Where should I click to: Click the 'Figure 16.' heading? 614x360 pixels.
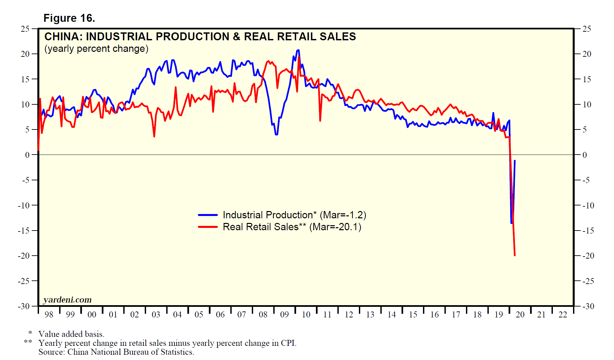click(69, 18)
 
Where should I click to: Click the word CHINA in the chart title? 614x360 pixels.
click(62, 36)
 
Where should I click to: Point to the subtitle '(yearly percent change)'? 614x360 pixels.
click(96, 49)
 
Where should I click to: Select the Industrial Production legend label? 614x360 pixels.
click(294, 215)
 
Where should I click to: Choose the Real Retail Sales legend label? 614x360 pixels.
click(292, 227)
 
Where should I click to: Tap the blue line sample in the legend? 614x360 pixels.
click(208, 215)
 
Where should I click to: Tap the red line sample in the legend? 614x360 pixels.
click(208, 227)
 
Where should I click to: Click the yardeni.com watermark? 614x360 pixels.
click(67, 300)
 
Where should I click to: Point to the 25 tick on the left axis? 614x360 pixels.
click(25, 29)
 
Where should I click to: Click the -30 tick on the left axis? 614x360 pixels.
click(24, 306)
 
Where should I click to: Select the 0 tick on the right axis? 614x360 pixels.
click(585, 155)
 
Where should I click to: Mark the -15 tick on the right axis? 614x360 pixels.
click(588, 231)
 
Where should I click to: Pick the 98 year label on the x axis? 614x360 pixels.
click(49, 315)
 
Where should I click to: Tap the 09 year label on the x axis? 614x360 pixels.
click(285, 315)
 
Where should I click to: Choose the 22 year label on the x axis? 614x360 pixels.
click(563, 315)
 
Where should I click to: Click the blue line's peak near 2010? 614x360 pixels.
click(298, 50)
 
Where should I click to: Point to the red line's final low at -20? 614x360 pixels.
click(515, 255)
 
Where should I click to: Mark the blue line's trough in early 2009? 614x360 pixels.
click(276, 134)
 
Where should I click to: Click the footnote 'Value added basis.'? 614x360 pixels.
click(71, 334)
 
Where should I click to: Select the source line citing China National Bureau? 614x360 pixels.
click(116, 352)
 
